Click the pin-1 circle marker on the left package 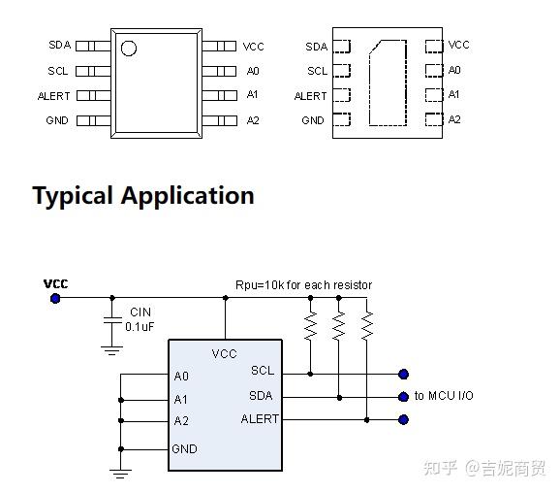pos(129,49)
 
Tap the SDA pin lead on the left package pos(93,47)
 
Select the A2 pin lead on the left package pos(220,120)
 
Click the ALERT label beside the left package pos(54,96)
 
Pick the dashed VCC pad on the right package pos(434,47)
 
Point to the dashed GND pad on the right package pos(341,119)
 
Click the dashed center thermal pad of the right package pos(388,82)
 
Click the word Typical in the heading pos(73,196)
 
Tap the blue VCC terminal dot pos(55,298)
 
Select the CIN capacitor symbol pos(112,320)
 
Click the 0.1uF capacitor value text pos(140,327)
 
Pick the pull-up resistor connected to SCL pos(310,325)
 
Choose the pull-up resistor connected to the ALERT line pos(367,325)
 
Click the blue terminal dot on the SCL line pos(404,375)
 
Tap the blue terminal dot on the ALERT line pos(404,419)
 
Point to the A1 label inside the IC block pos(181,399)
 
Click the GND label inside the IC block pos(184,449)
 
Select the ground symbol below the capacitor pos(111,350)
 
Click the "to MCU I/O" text pos(444,396)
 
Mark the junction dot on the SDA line pos(339,398)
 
